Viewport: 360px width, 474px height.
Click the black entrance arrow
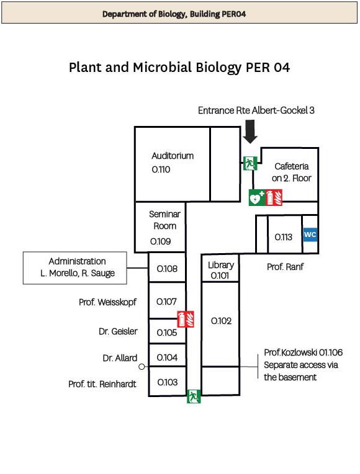pos(250,131)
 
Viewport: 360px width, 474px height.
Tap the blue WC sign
pos(310,235)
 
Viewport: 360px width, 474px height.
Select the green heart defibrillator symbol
pos(256,198)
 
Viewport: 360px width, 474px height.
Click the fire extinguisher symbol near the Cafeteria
pos(274,198)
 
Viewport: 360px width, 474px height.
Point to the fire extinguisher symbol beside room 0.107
pos(186,319)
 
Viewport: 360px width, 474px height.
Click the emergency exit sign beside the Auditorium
pos(250,163)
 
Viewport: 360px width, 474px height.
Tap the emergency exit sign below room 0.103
pos(194,396)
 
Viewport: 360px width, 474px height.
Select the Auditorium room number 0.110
pos(161,169)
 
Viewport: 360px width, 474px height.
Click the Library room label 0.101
pos(220,275)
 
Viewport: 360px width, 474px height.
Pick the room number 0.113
pos(284,237)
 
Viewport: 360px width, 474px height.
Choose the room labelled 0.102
pos(221,321)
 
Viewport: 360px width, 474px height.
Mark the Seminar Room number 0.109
pos(161,241)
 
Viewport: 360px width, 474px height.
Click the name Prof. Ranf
pos(285,267)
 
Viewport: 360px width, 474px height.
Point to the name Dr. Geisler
pos(118,331)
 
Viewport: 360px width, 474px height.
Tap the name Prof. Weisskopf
pos(108,302)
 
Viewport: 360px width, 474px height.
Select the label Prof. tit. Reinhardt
pos(102,384)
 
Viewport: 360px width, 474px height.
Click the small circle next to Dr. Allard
pos(142,367)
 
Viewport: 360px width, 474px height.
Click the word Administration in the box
pos(78,261)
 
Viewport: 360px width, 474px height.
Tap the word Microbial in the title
pos(163,67)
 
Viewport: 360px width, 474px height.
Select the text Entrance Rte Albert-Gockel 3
pos(256,110)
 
